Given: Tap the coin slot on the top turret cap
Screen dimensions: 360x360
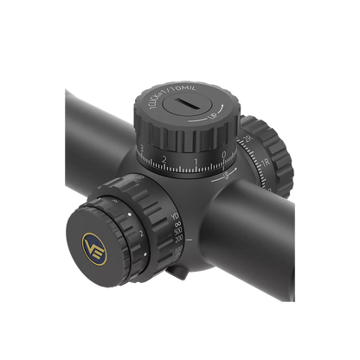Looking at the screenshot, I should (186, 106).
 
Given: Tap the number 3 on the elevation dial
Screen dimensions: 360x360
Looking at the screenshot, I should (141, 151).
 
